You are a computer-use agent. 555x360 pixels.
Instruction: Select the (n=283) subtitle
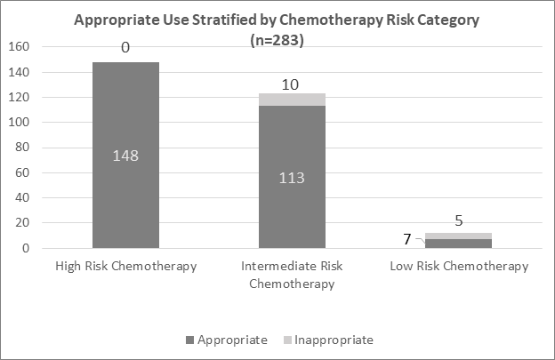[277, 39]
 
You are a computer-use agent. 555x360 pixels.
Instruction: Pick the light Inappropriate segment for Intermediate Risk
[292, 99]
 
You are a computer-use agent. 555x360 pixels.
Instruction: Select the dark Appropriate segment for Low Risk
[457, 244]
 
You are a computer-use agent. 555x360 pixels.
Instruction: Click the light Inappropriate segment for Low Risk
[457, 236]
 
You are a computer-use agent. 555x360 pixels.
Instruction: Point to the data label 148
[125, 156]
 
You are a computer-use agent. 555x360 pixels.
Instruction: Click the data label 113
[292, 177]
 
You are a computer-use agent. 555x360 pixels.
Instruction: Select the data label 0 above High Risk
[125, 48]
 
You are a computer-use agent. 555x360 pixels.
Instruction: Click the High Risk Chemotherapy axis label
[125, 267]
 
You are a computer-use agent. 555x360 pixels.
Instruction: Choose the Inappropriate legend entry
[329, 340]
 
